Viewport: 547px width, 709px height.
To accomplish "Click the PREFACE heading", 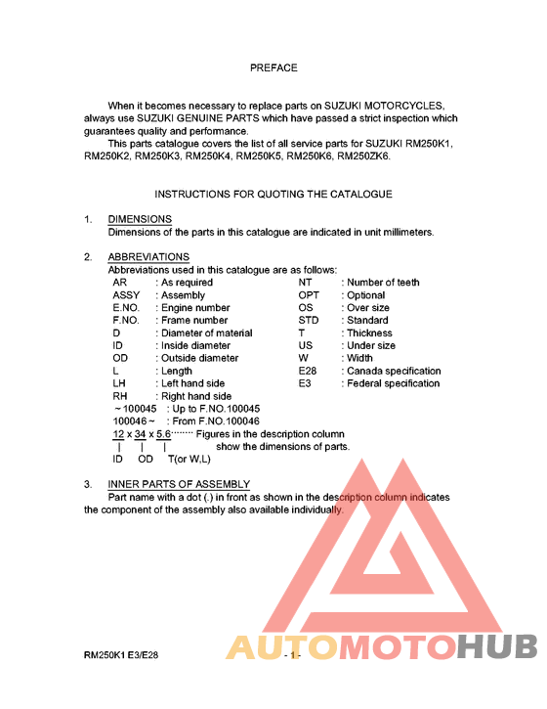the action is (x=273, y=68).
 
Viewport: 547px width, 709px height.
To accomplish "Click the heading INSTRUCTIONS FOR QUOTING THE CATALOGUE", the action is (x=273, y=195).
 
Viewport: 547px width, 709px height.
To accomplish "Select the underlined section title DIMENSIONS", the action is (x=140, y=219).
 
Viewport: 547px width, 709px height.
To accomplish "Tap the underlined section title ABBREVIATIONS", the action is (x=148, y=257).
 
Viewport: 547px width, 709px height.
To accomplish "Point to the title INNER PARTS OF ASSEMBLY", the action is (x=179, y=484).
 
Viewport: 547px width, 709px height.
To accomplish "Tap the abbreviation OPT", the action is (x=309, y=295).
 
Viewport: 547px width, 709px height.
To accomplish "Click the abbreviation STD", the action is (x=309, y=321).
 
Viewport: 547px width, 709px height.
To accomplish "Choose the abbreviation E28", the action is (x=309, y=372).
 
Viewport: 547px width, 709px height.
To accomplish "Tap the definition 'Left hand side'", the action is (x=192, y=384).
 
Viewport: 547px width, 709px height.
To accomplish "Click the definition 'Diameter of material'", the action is (x=206, y=333).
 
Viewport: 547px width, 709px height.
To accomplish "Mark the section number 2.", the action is (x=88, y=257).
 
